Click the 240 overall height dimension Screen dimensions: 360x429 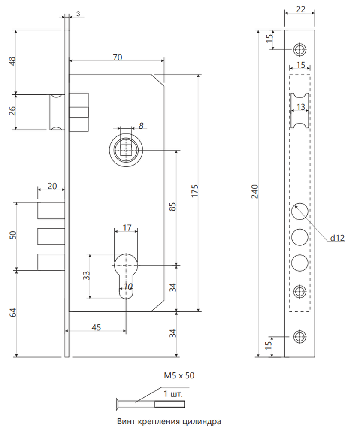click(255, 191)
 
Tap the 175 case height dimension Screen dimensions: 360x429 click(194, 191)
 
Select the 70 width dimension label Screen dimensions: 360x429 click(118, 57)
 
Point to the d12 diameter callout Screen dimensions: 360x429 click(337, 238)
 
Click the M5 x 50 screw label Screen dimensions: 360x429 click(179, 375)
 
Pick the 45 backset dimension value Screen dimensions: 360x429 click(96, 327)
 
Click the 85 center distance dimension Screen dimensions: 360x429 click(172, 207)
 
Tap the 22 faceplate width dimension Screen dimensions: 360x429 click(301, 9)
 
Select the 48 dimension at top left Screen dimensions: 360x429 click(12, 61)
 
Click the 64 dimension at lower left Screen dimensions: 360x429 click(13, 313)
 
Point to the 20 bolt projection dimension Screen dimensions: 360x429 click(52, 186)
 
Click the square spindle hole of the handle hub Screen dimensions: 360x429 click(126, 150)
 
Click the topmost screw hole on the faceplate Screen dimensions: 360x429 click(300, 50)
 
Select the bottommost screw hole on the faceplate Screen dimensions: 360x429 click(300, 336)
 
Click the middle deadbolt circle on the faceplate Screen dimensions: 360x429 click(300, 237)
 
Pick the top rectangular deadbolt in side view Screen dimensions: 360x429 click(51, 211)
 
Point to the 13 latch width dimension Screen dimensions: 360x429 click(301, 106)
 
